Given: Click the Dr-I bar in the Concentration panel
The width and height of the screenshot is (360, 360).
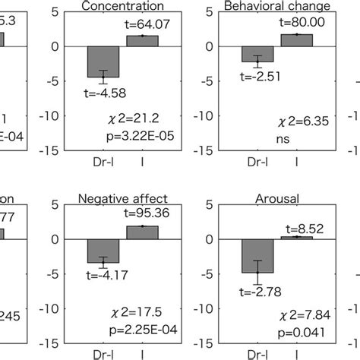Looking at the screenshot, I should coord(103,62).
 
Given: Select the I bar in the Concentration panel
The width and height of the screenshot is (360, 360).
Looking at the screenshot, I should coord(142,41).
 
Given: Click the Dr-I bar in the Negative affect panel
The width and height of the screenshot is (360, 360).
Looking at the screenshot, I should coord(103,251).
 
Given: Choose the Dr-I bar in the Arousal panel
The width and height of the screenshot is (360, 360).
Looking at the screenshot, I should coord(257,256).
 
